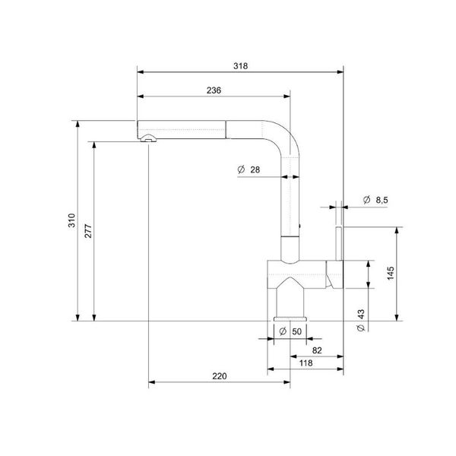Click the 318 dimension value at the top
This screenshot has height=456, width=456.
point(242,66)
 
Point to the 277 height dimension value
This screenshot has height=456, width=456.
point(88,232)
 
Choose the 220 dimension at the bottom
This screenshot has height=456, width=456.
point(220,376)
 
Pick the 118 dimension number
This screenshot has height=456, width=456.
point(306,364)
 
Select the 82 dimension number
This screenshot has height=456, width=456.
point(317,350)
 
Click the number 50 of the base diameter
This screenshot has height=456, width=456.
point(296,331)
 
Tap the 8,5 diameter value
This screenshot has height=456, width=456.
point(382,199)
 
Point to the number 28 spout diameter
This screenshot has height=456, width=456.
point(255,170)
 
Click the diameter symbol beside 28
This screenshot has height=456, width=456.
point(240,170)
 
